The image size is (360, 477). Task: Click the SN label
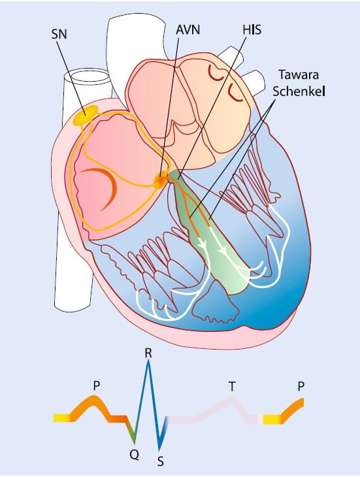[x=59, y=34]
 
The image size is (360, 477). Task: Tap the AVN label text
[x=188, y=30]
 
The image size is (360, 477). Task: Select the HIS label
[x=252, y=30]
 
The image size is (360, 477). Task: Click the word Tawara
[x=299, y=75]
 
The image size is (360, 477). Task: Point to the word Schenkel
[x=299, y=91]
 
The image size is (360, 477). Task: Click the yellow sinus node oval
[x=86, y=115]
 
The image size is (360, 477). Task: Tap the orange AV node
[x=161, y=180]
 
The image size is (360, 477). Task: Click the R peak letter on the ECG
[x=148, y=354]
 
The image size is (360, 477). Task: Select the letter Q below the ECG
[x=134, y=455]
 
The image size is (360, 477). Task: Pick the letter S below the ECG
[x=161, y=462]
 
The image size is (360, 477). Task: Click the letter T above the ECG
[x=232, y=386]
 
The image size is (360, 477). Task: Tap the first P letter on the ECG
[x=97, y=386]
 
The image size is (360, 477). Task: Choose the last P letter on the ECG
[x=301, y=386]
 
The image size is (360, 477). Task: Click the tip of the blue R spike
[x=148, y=361]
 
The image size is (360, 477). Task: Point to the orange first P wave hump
[x=93, y=399]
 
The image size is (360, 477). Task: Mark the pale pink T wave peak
[x=233, y=397]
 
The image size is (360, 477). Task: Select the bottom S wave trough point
[x=159, y=449]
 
